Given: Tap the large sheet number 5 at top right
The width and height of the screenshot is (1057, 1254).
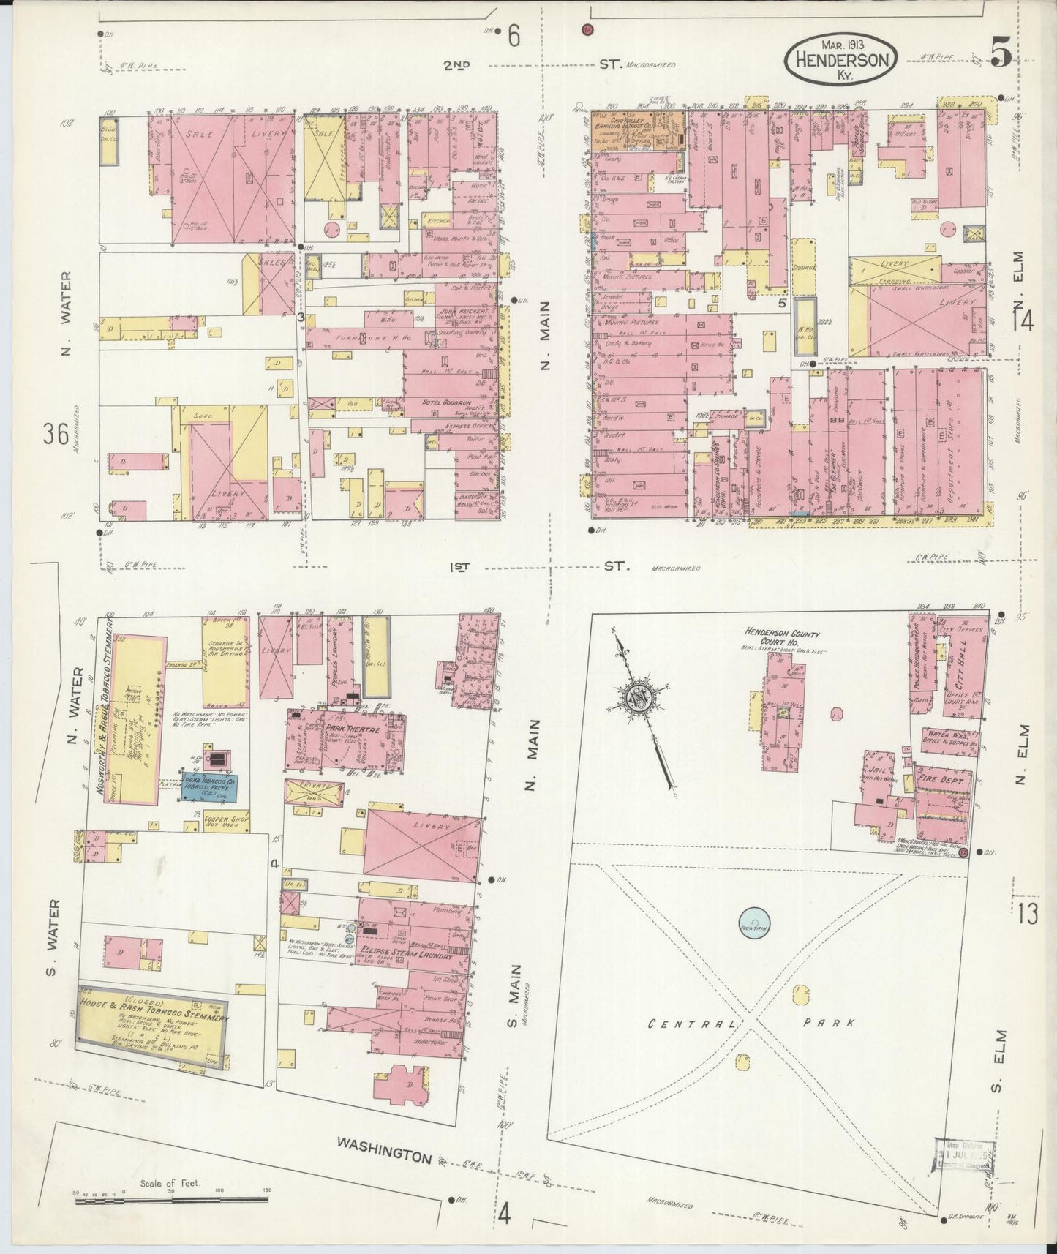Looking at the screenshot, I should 1001,53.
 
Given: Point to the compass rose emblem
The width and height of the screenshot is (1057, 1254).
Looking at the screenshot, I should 642,696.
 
